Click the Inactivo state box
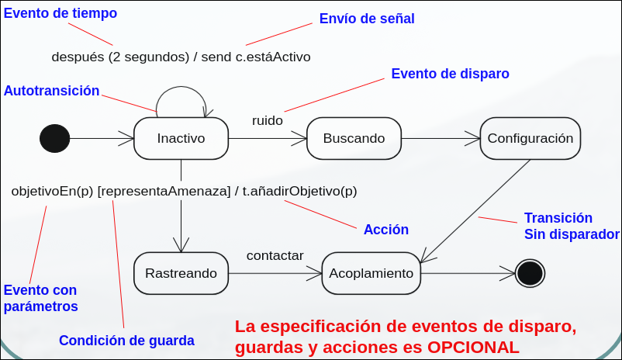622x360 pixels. pos(181,139)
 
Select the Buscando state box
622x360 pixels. pos(354,139)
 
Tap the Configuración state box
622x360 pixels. pos(530,139)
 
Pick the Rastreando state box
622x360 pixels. pos(181,273)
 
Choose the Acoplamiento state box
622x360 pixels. pos(371,273)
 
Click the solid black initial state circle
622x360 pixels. pos(54,139)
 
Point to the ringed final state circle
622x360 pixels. pos(530,273)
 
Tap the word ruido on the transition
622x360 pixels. pos(268,120)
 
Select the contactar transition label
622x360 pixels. pos(275,255)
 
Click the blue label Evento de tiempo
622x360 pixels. pos(60,13)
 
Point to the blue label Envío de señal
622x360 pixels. pos(367,19)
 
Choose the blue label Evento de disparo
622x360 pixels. pos(450,74)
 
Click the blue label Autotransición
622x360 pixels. pos(52,91)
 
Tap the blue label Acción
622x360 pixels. pos(386,230)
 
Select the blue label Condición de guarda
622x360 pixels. pos(126,340)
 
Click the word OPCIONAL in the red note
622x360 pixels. pos(473,347)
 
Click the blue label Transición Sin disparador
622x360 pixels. pos(571,227)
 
